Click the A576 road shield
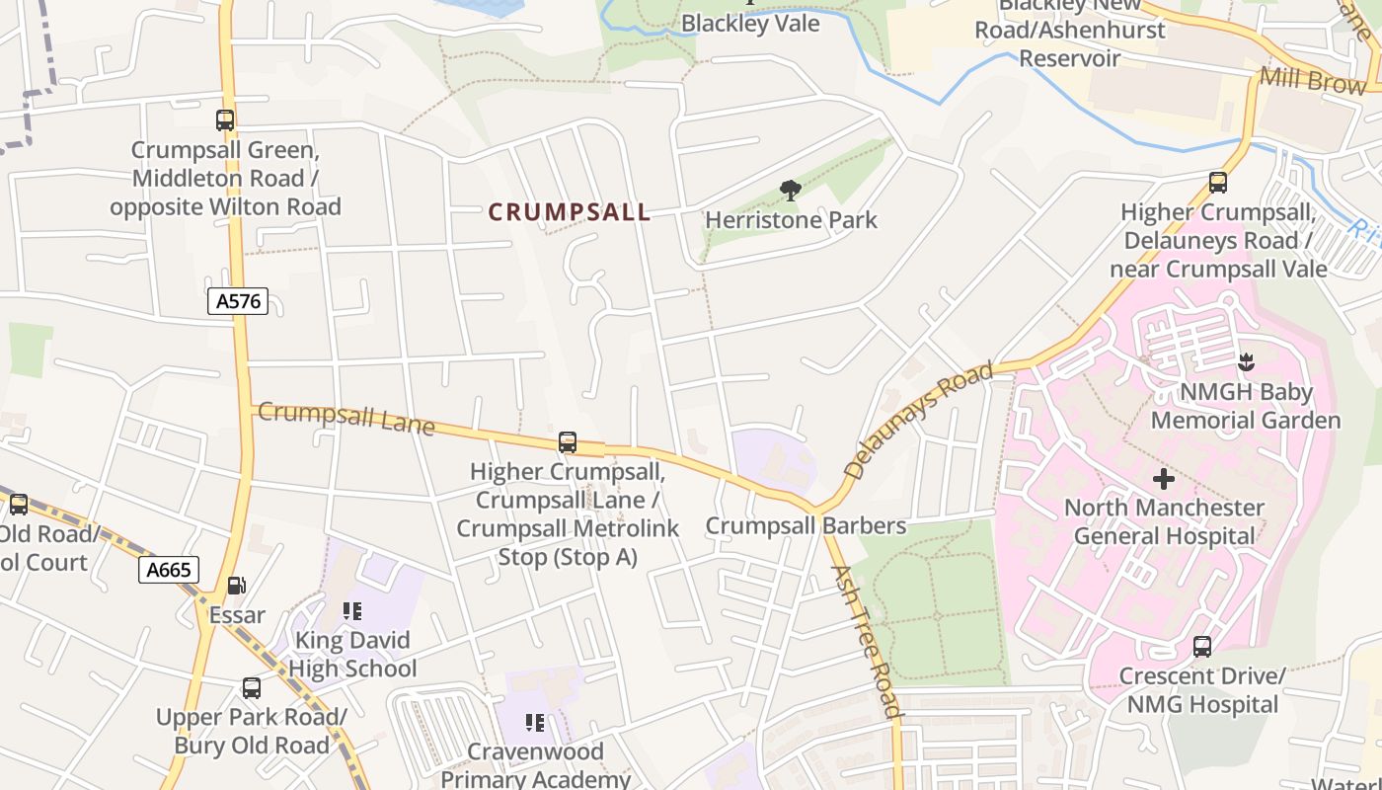pos(238,301)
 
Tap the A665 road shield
pos(169,570)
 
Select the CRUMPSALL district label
pos(570,212)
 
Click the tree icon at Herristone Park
pos(790,190)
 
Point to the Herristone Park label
pos(791,219)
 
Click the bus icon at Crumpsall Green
pos(225,120)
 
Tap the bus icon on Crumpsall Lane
pos(567,442)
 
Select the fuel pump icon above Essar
pos(236,586)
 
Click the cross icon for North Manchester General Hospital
pos(1164,479)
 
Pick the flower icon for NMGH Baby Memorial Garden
pos(1246,362)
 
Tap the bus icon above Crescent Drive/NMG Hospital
pos(1201,647)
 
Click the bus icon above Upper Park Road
pos(252,687)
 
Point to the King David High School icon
pos(352,611)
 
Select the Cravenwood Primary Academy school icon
pos(535,723)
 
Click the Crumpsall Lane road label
pos(345,418)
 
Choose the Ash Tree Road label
pos(866,641)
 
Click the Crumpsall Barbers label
pos(806,525)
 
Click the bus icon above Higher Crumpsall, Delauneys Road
pos(1217,183)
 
